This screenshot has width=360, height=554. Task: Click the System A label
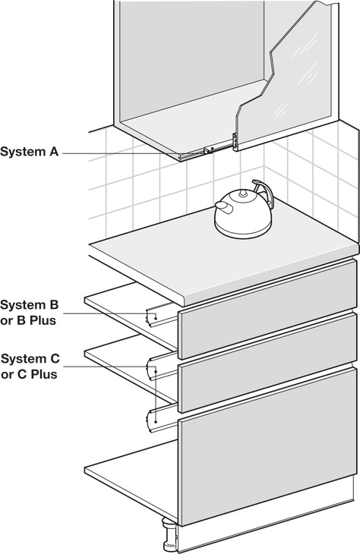29,152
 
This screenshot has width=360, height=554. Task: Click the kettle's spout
221,206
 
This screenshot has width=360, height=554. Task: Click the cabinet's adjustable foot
166,531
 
